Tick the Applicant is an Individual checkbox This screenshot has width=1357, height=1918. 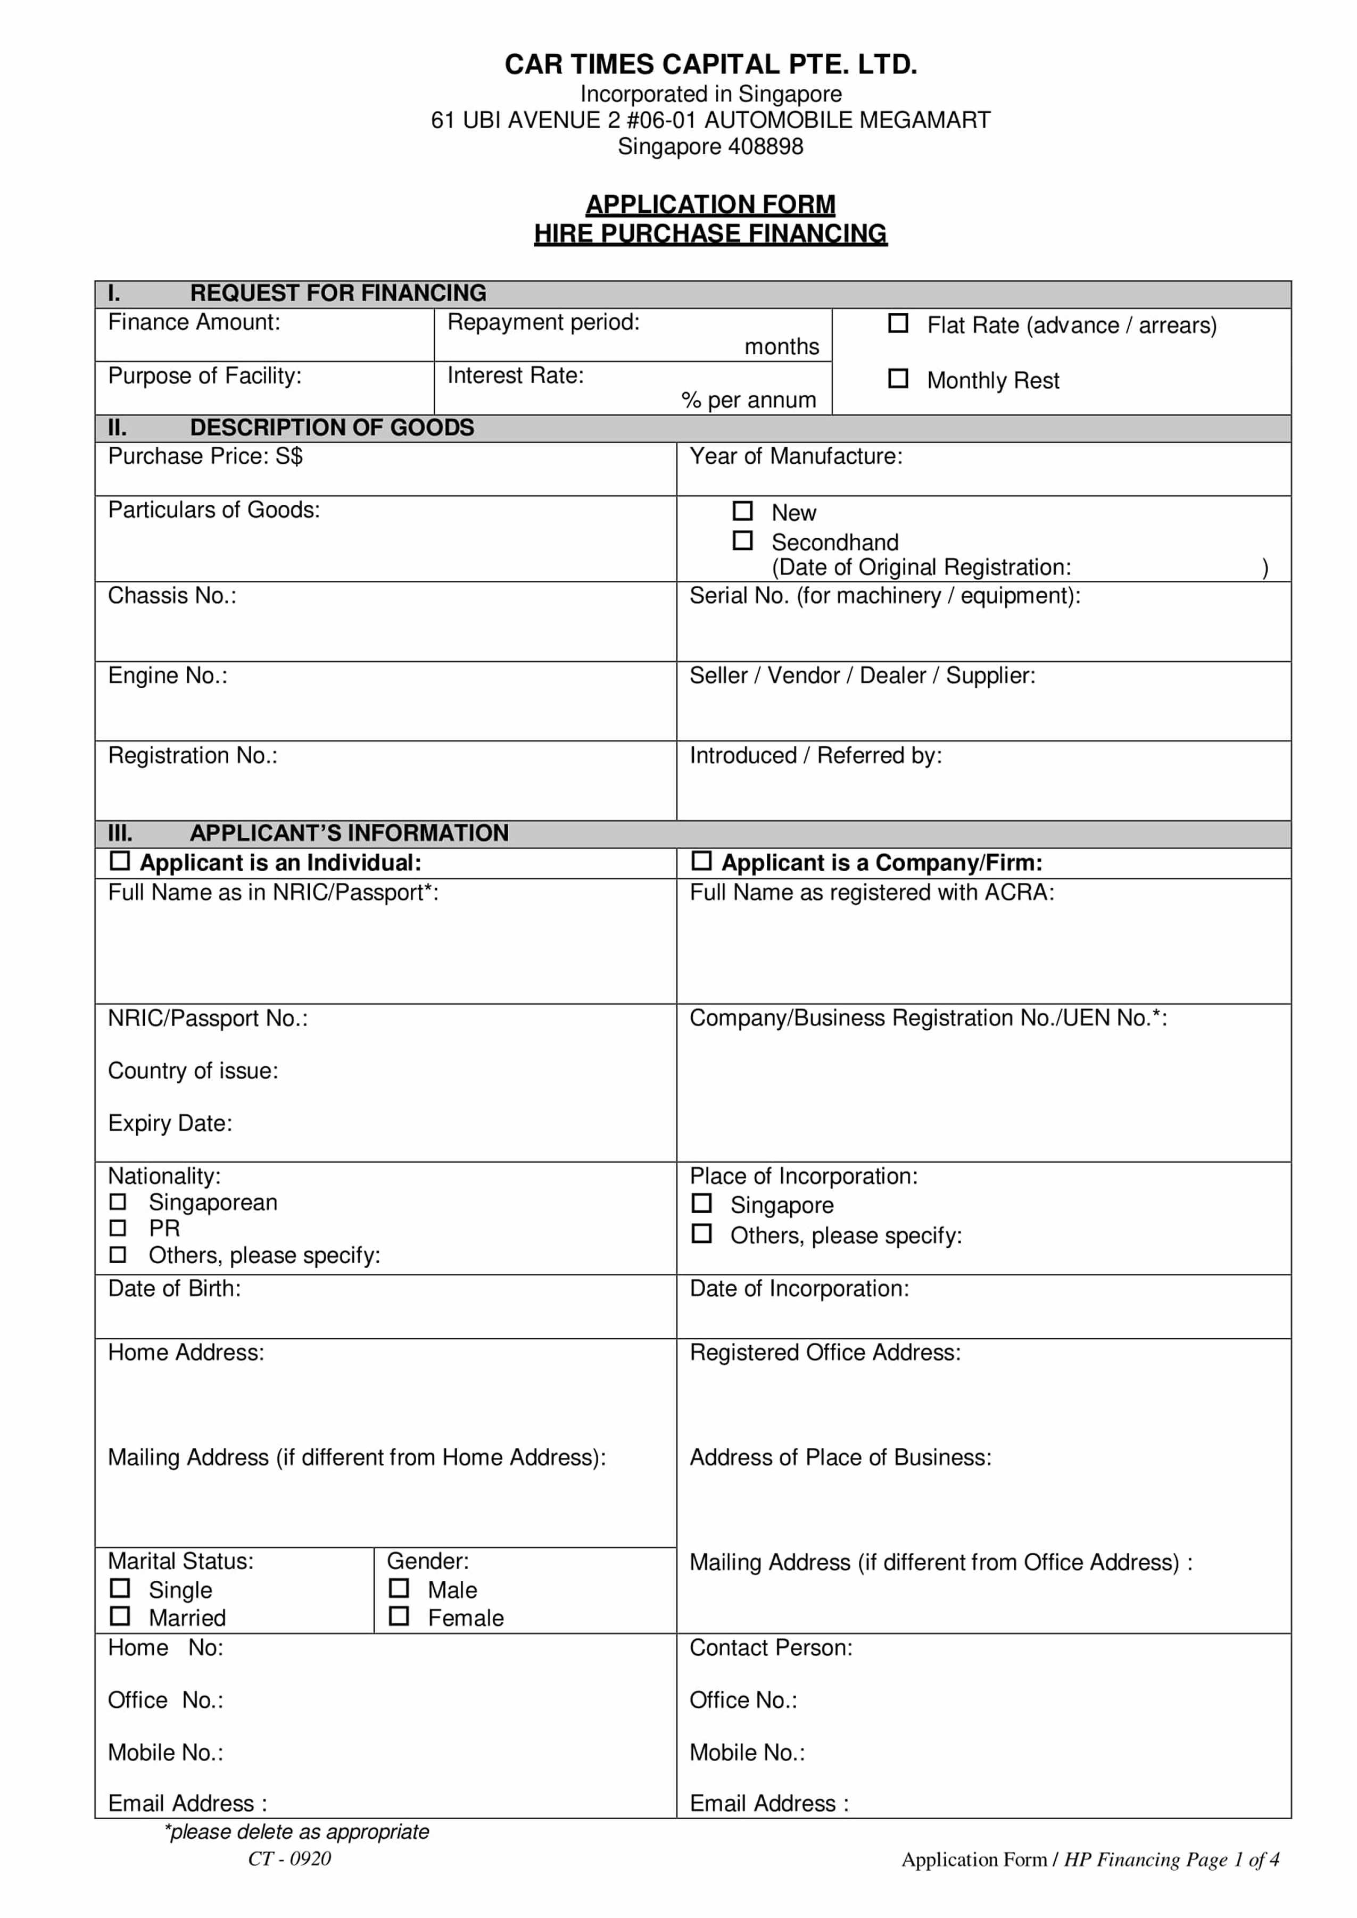120,861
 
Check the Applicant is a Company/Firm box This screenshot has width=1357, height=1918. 702,861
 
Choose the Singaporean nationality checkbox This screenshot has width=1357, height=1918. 118,1201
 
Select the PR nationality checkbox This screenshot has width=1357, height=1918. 118,1227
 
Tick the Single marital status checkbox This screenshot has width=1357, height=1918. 120,1587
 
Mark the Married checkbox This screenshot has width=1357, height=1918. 120,1615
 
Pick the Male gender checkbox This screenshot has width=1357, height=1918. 400,1587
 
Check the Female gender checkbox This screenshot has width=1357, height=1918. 400,1615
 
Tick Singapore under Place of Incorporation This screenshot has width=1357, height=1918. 702,1203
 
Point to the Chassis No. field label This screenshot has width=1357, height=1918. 172,596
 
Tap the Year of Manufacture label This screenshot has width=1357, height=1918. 796,456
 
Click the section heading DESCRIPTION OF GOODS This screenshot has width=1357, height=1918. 332,428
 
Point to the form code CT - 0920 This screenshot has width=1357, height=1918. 289,1858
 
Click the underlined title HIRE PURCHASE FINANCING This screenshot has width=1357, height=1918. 710,234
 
